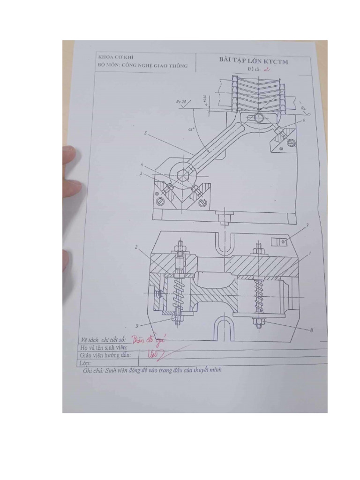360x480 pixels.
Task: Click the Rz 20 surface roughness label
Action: (181, 101)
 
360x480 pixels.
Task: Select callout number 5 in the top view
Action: (146, 134)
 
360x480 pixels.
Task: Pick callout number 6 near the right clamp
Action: (303, 120)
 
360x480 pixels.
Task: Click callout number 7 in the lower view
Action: (307, 225)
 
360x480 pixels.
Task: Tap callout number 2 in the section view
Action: (136, 247)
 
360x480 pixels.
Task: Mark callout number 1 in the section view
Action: (309, 254)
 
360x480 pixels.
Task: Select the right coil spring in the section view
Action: (258, 293)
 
